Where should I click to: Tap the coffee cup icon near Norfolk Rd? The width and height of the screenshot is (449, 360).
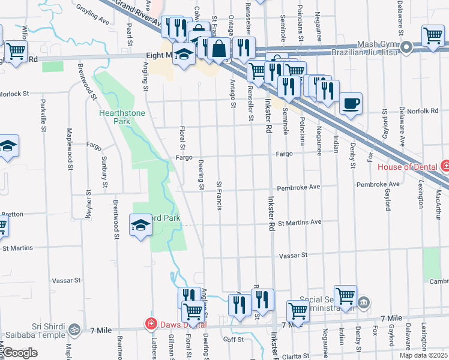point(351,103)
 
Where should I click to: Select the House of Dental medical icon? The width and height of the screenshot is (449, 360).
point(445,165)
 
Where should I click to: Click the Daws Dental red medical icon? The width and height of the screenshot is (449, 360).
point(151,324)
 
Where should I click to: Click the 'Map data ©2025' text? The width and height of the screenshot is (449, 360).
point(423,355)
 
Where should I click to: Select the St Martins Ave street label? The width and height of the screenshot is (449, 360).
point(300,222)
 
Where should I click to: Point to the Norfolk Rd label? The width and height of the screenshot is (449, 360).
point(426,110)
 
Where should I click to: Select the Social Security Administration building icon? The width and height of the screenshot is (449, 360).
point(363,301)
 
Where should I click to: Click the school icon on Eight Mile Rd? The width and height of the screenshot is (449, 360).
point(184,53)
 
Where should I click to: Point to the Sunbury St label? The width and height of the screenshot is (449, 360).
point(104,169)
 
